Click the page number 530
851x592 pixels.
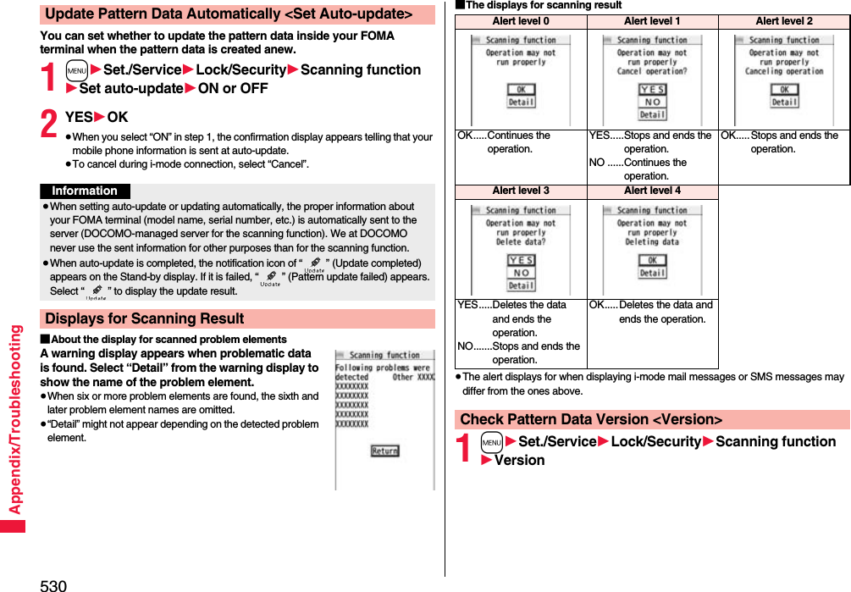click(52, 584)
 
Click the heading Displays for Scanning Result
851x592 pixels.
click(144, 318)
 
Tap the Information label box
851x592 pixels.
click(85, 191)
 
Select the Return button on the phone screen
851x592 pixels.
click(384, 451)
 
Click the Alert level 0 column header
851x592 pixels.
click(521, 21)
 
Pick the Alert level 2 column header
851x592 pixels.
click(783, 21)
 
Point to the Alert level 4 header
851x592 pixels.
click(652, 191)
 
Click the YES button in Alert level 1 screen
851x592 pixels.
click(652, 89)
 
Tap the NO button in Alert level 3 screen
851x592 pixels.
click(521, 273)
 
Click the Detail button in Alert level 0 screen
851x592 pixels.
click(521, 102)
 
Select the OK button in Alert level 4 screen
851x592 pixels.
click(652, 260)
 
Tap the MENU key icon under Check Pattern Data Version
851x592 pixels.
click(491, 442)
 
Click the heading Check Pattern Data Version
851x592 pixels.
click(591, 419)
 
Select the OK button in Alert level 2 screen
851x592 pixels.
click(784, 89)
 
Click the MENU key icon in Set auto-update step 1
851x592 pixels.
click(77, 70)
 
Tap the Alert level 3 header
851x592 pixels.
click(521, 191)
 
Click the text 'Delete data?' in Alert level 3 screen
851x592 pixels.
click(521, 241)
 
